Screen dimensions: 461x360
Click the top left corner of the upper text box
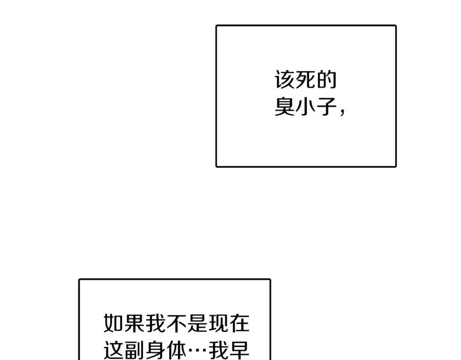tap(216, 26)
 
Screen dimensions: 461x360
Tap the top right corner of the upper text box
tap(396, 26)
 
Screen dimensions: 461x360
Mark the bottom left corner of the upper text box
tap(216, 166)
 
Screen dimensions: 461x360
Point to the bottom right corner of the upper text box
tap(396, 166)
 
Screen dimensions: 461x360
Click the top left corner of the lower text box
tap(79, 280)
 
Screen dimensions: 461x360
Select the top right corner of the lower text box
tap(270, 280)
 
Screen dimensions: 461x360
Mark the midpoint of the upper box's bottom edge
tap(306, 166)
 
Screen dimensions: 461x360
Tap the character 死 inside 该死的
tap(306, 79)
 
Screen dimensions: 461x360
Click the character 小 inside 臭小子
tap(306, 106)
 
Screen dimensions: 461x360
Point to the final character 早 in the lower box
tap(239, 350)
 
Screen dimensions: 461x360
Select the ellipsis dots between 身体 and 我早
tap(197, 351)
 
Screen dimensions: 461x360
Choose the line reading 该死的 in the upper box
tap(306, 79)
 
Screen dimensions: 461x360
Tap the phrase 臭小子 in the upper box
tap(306, 106)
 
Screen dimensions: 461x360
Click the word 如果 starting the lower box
tap(123, 323)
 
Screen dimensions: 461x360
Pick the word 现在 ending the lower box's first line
tap(229, 323)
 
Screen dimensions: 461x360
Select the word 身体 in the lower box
tap(166, 350)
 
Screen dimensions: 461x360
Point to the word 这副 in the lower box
tap(123, 350)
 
